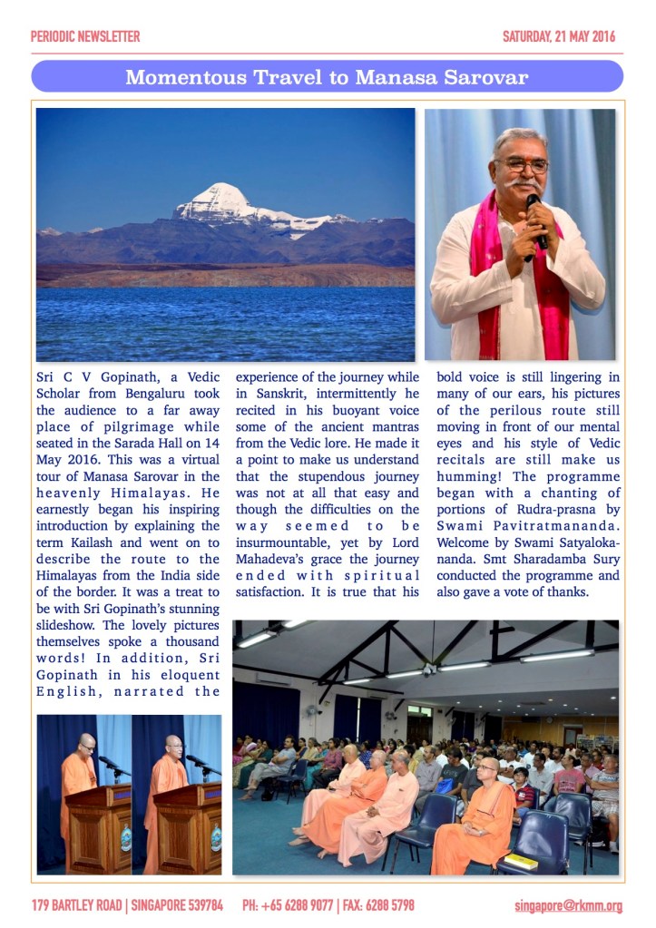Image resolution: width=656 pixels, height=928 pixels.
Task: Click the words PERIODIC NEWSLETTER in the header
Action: pyautogui.click(x=85, y=37)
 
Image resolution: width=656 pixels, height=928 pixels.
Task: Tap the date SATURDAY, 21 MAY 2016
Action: pyautogui.click(x=559, y=37)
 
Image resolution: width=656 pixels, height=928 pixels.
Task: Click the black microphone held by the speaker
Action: pyautogui.click(x=536, y=218)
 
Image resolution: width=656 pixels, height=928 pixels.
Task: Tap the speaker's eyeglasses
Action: pyautogui.click(x=524, y=164)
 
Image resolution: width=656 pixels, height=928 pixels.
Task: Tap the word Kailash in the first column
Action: pyautogui.click(x=86, y=542)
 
